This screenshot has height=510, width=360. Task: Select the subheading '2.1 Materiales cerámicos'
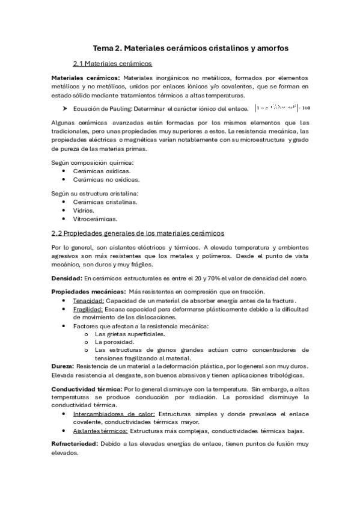(112, 63)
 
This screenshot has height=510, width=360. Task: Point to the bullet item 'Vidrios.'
(84, 210)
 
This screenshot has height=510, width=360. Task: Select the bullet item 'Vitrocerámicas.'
(95, 219)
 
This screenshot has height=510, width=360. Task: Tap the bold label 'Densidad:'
(66, 277)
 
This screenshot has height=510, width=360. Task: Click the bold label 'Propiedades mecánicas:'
(84, 291)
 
